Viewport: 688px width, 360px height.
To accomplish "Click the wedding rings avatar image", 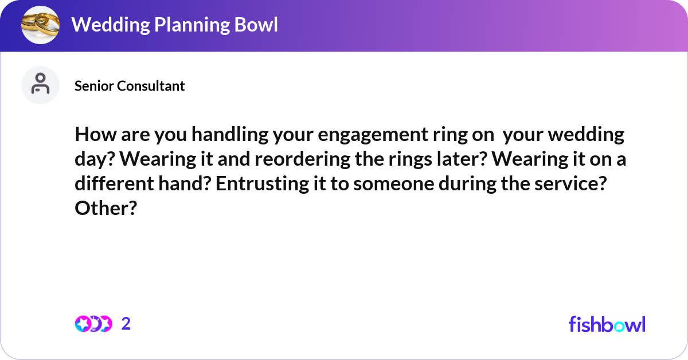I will pos(40,25).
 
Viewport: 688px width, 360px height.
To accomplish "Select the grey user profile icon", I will pos(40,85).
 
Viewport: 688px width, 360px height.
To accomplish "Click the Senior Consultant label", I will pos(130,86).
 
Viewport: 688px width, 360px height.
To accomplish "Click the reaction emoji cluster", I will pos(93,324).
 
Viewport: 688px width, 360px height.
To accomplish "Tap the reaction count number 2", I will pos(126,324).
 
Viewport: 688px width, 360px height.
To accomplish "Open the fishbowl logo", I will pos(607,324).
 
